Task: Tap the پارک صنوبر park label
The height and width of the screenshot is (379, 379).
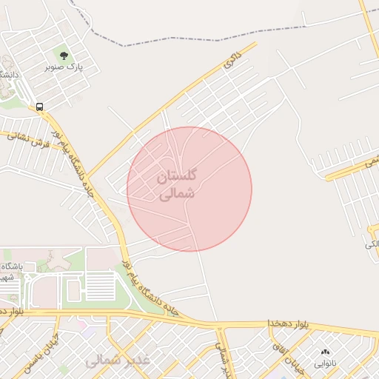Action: coord(64,67)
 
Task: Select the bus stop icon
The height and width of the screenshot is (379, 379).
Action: coord(39,107)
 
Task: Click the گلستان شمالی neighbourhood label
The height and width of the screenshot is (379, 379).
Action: coord(178,185)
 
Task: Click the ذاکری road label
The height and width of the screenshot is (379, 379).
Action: coord(232,62)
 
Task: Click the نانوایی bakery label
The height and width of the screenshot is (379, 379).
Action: coord(324,363)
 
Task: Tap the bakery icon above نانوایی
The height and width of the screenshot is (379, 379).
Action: coord(324,352)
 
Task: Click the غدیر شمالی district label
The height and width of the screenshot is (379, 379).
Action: coord(118,360)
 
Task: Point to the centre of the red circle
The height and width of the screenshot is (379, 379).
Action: coord(189,189)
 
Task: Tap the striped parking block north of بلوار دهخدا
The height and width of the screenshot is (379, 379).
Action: coord(100,285)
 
